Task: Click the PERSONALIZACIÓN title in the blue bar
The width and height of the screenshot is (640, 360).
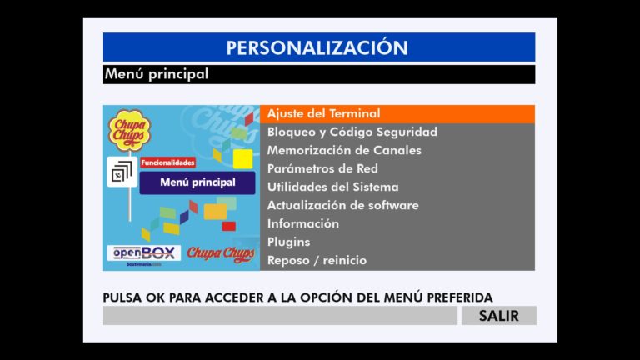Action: (x=317, y=47)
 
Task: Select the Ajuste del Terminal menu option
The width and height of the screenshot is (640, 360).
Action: (x=323, y=113)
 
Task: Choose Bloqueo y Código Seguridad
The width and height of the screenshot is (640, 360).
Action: (x=352, y=132)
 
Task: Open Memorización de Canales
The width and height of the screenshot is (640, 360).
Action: (x=344, y=150)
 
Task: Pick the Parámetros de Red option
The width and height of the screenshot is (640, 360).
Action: (x=322, y=168)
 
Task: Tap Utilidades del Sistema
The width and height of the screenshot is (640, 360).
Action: (x=333, y=187)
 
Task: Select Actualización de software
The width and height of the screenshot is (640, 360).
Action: (x=342, y=205)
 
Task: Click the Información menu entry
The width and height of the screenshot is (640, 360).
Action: (x=302, y=223)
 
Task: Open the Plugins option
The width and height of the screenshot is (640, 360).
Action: (x=288, y=242)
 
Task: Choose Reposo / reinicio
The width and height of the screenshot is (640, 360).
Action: (x=317, y=260)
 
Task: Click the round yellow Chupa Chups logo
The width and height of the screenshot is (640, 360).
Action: (x=129, y=129)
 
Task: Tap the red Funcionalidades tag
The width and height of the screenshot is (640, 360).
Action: (x=167, y=162)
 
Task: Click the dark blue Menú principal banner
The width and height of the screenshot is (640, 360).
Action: (x=197, y=182)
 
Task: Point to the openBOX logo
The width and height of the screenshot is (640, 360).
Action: (x=144, y=253)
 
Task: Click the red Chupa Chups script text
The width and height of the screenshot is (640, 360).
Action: (x=221, y=254)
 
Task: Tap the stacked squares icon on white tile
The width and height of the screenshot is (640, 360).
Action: (x=122, y=172)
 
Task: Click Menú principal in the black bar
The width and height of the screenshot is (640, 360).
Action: (x=157, y=74)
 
